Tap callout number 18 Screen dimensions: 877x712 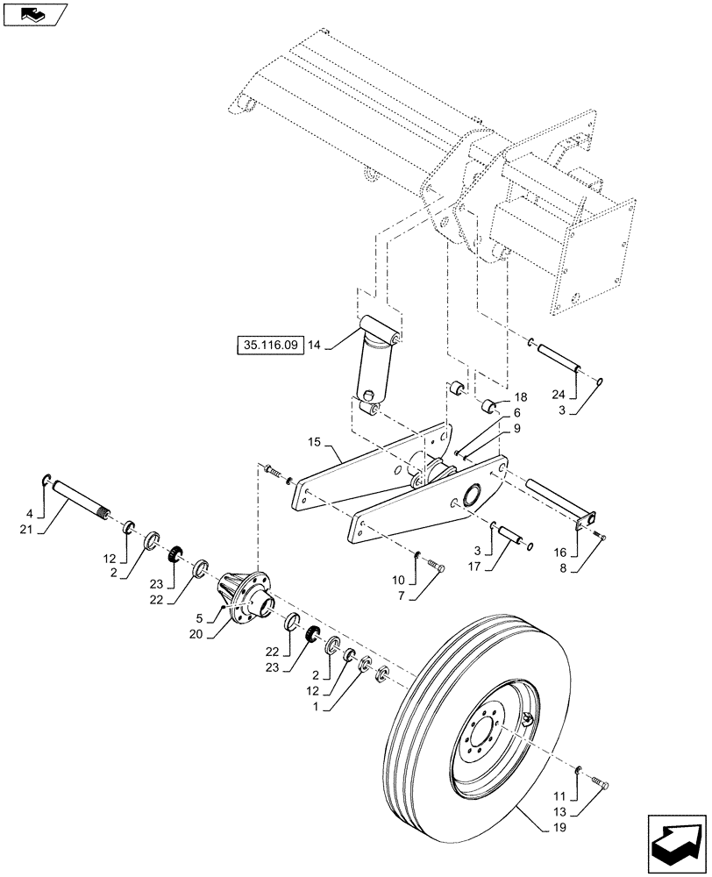520,398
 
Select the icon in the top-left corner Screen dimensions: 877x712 34,13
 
